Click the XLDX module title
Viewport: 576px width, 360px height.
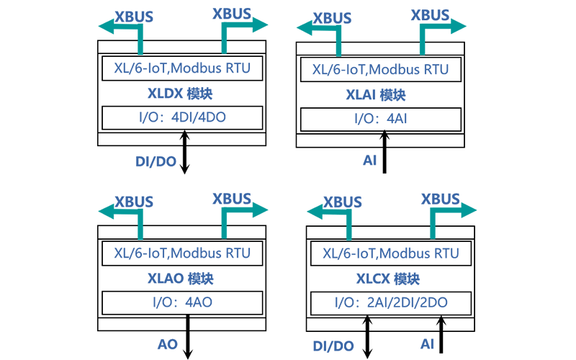tap(180, 94)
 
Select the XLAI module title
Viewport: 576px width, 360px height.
tap(376, 95)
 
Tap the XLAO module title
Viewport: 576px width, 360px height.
tap(181, 279)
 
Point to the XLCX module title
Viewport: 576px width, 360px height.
tap(388, 279)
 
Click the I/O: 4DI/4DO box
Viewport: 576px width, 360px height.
tap(182, 118)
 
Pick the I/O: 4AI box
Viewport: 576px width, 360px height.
tap(381, 120)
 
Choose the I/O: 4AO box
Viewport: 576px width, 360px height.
tap(182, 303)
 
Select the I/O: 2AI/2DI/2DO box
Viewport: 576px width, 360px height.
tap(391, 303)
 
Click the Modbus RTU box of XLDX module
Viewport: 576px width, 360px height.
tap(182, 68)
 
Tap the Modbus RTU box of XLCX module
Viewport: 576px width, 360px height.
tap(391, 253)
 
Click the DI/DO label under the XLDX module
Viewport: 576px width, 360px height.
tap(156, 161)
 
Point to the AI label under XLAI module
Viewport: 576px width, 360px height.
tap(370, 161)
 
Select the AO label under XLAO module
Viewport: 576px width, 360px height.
tap(168, 345)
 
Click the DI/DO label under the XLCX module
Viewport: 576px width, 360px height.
tap(333, 346)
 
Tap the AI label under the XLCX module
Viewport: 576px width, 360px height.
tap(427, 344)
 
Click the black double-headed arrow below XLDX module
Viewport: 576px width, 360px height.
tap(184, 152)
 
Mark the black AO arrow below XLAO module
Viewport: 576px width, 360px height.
tap(188, 337)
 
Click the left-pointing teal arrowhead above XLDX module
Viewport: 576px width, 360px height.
tap(107, 27)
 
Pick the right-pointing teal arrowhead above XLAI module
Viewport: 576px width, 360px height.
tap(458, 26)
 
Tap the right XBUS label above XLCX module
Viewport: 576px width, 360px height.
tap(440, 199)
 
